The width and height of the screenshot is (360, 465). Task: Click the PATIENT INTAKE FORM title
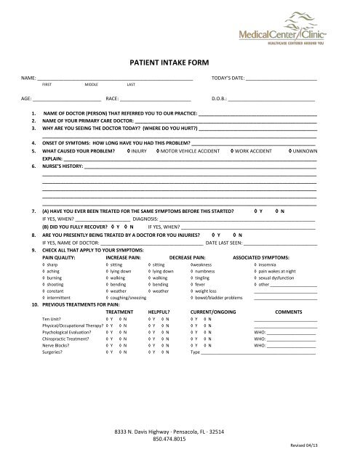point(179,63)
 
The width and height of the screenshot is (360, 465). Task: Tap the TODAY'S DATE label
point(227,76)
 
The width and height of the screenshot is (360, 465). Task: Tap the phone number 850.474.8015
point(179,439)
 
